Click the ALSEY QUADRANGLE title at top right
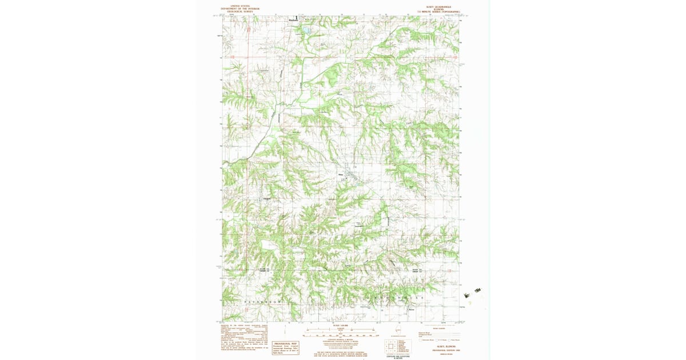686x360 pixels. (439, 6)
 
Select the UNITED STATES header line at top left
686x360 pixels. (240, 6)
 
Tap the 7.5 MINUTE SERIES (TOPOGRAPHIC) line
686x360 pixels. (439, 11)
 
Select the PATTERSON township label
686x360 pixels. (263, 301)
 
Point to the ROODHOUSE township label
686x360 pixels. (394, 298)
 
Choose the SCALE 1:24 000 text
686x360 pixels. (340, 325)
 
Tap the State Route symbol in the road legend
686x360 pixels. (454, 339)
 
